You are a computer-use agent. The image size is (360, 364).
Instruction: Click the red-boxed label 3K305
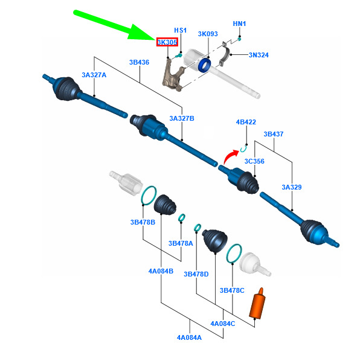tap(167, 42)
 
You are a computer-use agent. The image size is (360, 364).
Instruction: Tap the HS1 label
tap(180, 30)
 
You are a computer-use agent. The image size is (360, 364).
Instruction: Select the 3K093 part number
tap(208, 34)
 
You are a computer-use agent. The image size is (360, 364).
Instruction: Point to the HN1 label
tap(239, 24)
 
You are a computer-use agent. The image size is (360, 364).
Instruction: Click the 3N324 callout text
tap(259, 55)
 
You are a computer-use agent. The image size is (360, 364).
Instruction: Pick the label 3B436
tap(139, 62)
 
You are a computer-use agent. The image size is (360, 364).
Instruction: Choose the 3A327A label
tap(94, 75)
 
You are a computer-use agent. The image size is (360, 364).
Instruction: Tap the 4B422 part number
tap(246, 122)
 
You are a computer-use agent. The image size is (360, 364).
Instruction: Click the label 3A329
tap(292, 187)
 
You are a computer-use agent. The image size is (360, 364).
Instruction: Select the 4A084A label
tap(189, 337)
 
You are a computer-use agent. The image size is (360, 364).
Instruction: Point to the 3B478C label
tap(232, 290)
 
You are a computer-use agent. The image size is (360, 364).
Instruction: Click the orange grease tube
tap(257, 303)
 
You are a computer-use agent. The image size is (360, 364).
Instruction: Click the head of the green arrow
tap(143, 33)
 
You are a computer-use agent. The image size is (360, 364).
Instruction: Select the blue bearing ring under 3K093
tap(204, 65)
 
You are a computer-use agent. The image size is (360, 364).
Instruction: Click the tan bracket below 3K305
tap(172, 75)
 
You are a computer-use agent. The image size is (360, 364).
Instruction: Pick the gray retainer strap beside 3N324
tap(225, 54)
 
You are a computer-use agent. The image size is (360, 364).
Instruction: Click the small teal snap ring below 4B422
tap(243, 150)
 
